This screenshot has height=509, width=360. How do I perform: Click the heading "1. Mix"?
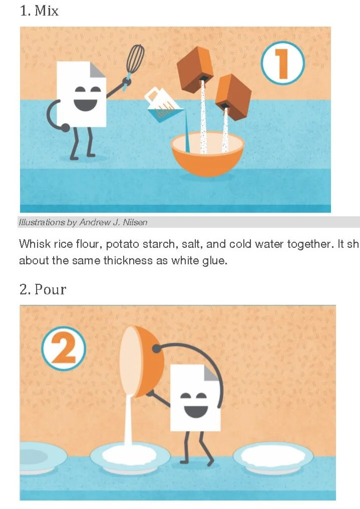click(x=39, y=11)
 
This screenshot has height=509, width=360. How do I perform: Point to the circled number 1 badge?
click(x=282, y=64)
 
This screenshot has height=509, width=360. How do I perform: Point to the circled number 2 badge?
click(x=64, y=348)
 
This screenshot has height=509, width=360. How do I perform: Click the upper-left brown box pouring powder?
click(x=195, y=70)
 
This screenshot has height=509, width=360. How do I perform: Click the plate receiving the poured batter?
click(x=129, y=456)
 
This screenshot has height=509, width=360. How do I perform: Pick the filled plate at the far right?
click(x=273, y=456)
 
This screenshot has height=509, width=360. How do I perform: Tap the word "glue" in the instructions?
click(x=216, y=261)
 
